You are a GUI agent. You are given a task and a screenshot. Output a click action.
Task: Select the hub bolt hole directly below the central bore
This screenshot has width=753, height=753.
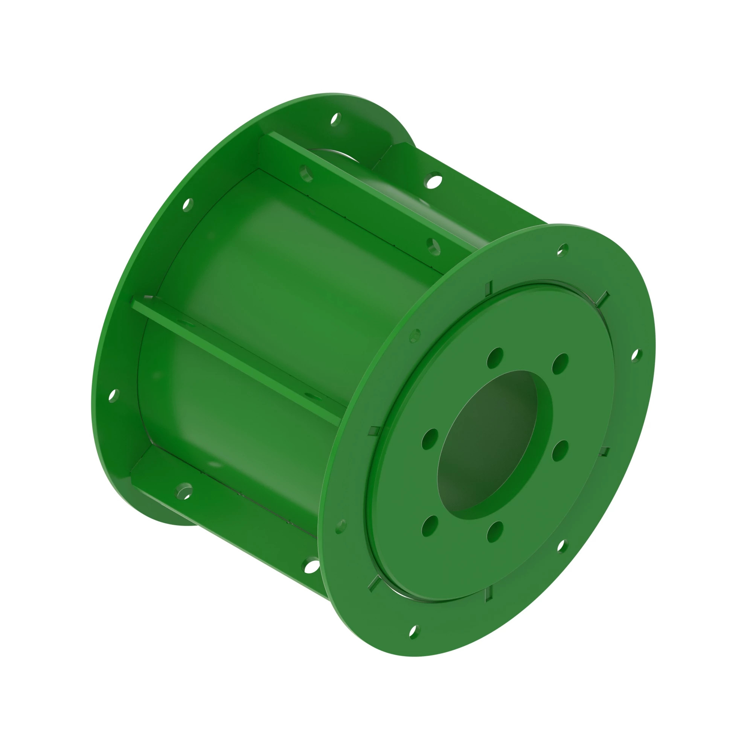click(495, 531)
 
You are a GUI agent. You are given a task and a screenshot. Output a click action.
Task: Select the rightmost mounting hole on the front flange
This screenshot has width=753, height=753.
click(636, 355)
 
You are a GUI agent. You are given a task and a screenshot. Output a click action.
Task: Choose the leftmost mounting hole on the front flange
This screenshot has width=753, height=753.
click(341, 526)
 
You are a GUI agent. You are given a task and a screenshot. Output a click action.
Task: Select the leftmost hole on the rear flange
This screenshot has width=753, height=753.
click(113, 395)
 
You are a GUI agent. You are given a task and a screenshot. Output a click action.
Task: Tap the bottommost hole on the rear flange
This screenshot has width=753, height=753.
click(311, 565)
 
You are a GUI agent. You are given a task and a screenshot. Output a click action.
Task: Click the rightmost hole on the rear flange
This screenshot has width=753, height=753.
click(434, 180)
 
